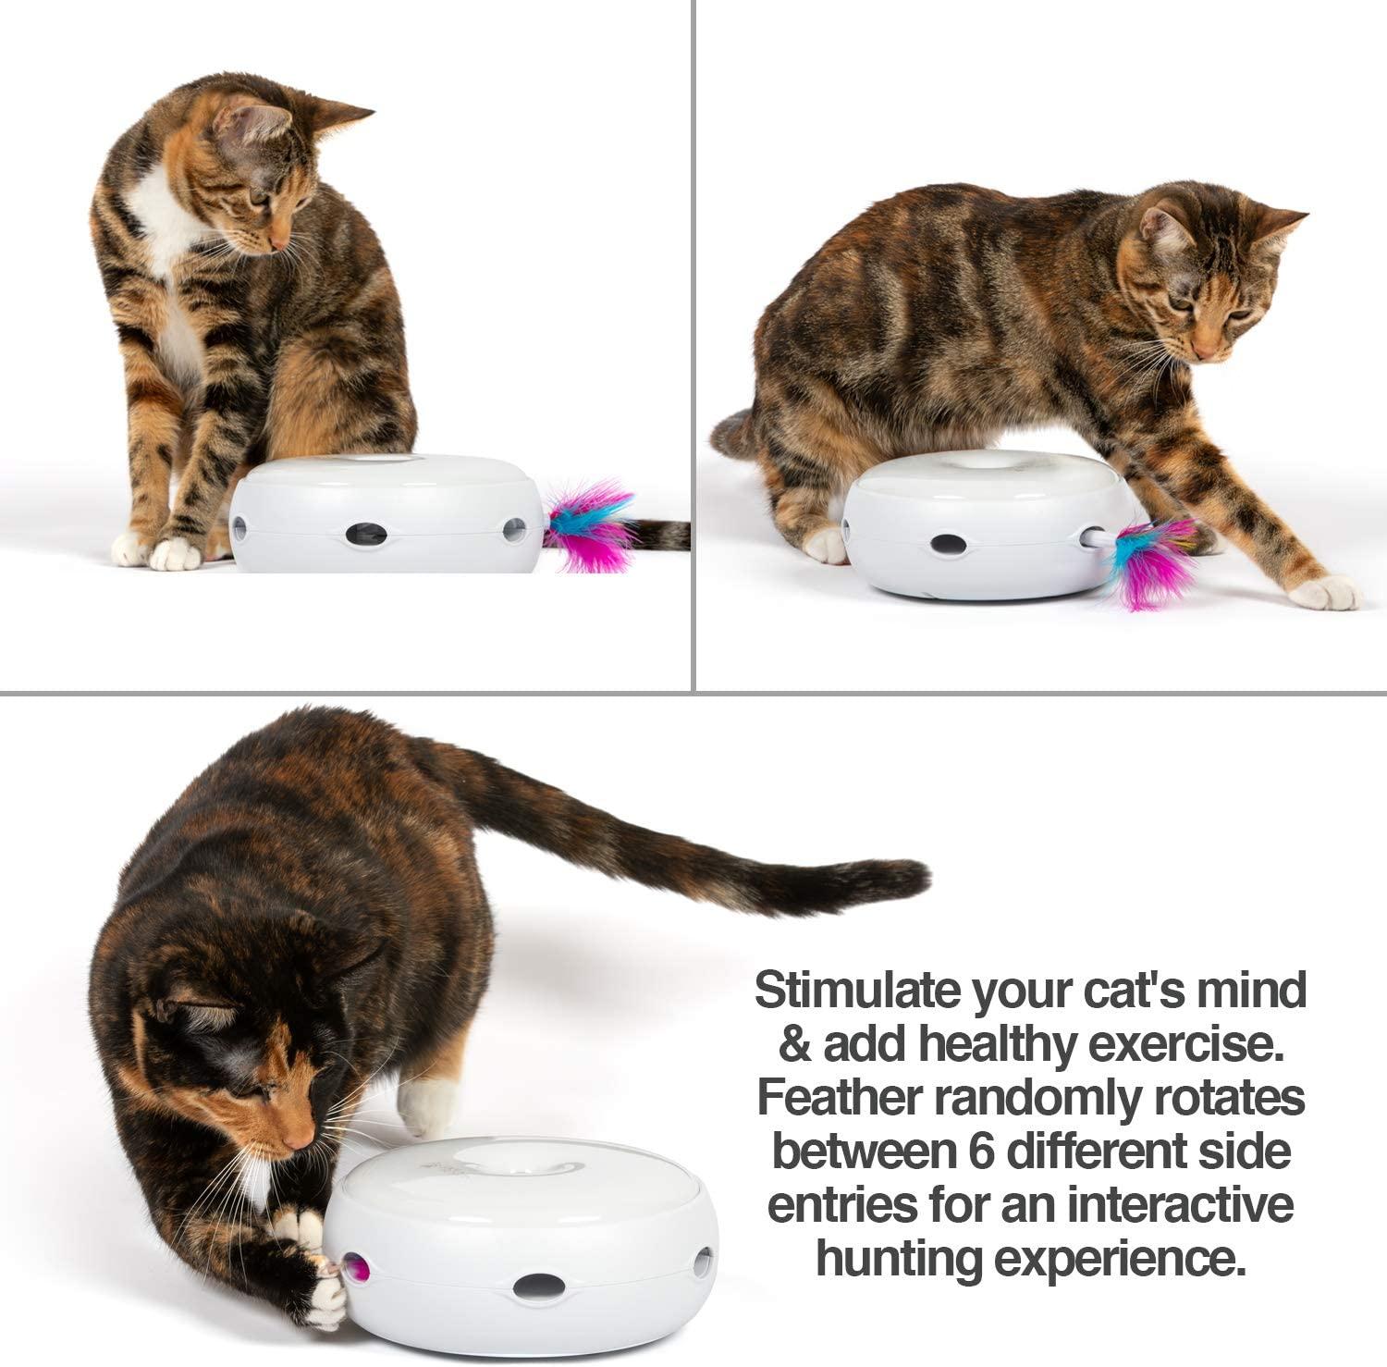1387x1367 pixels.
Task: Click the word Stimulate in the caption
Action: pos(854,991)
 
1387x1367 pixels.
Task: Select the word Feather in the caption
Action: pos(840,1099)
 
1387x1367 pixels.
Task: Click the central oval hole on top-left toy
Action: pos(367,533)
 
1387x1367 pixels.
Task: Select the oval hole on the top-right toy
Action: pos(945,545)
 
